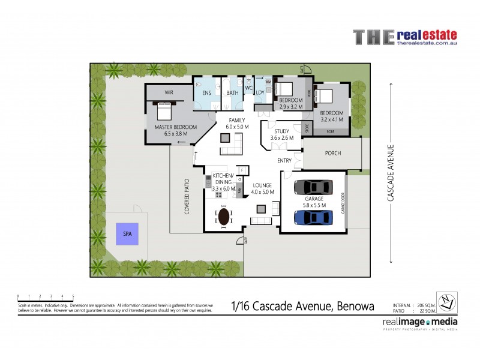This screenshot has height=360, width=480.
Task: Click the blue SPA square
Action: pos(127,233)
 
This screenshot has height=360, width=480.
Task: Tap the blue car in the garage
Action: pos(313,217)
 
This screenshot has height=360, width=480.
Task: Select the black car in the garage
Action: pos(313,187)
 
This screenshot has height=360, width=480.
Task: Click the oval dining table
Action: pos(224,215)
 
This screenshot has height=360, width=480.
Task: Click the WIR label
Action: pos(169,93)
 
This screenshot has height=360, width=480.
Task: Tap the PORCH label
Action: pos(333,153)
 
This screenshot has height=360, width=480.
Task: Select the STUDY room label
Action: pos(282,131)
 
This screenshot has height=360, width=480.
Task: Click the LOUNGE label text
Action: pos(263,185)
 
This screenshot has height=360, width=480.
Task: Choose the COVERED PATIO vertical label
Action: pos(187,196)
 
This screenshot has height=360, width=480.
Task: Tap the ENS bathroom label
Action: pos(206,93)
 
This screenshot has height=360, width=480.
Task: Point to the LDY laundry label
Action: pos(260,92)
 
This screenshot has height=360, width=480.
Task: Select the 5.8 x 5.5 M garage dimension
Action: pos(314,205)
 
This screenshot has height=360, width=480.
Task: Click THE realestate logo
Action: pos(404,37)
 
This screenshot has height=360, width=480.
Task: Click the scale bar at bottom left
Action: pos(46,296)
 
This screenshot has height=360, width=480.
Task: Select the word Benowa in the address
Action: pos(354,307)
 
